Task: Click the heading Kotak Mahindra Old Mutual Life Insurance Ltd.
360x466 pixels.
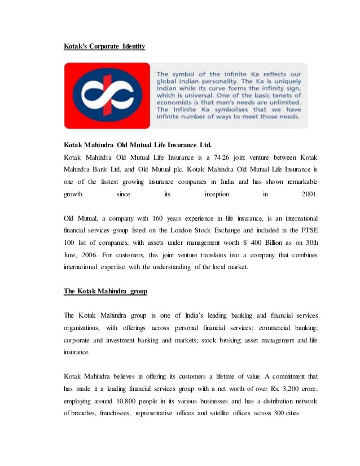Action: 138,144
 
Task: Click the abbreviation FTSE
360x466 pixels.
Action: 310,230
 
